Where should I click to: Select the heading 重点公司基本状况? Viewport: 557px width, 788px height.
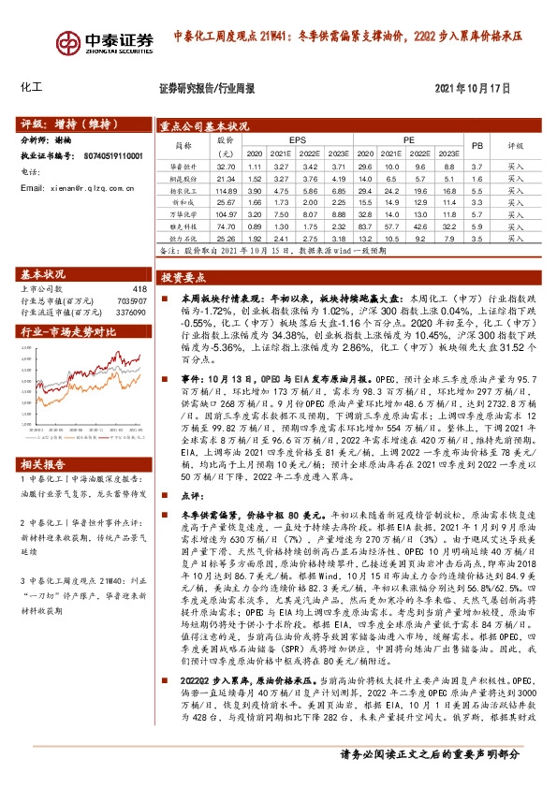point(203,124)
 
